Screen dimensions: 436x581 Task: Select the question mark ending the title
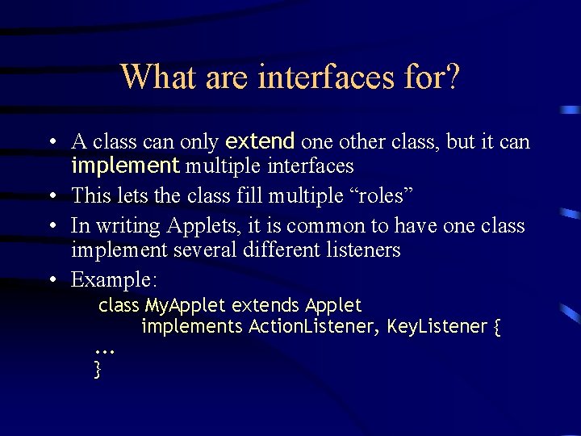coord(453,77)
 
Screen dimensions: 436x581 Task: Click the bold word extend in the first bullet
coord(260,142)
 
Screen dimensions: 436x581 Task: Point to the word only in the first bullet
coord(199,142)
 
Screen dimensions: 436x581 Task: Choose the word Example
coord(114,279)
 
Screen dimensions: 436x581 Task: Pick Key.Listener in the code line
coord(437,327)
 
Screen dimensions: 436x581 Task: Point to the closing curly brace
coord(98,369)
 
